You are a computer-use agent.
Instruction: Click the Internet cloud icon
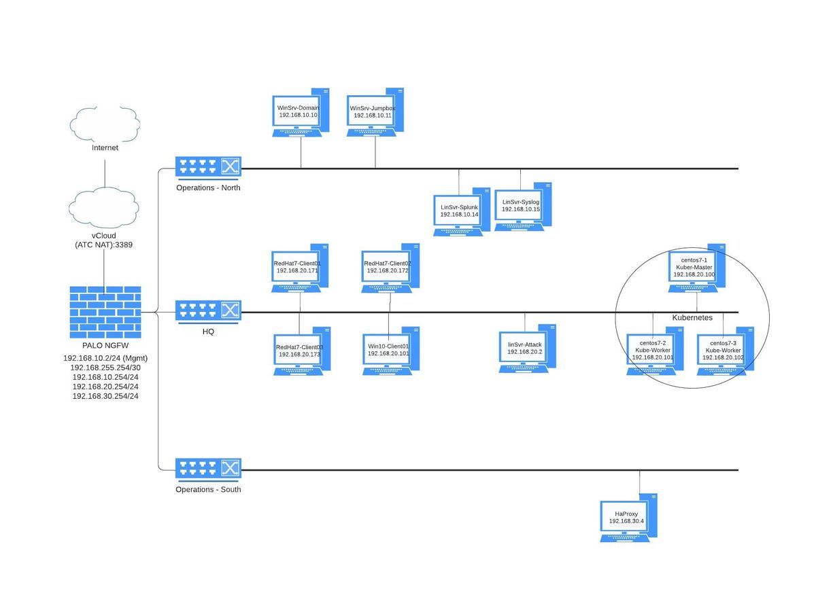click(x=105, y=123)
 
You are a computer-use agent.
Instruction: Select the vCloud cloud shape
click(x=104, y=206)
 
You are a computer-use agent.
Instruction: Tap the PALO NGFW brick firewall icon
click(x=105, y=312)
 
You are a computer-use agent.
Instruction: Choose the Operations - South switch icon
click(x=208, y=469)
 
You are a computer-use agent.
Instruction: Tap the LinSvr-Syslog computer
click(x=522, y=207)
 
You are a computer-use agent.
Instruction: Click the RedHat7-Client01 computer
click(x=299, y=268)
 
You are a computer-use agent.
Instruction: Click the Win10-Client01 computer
click(x=389, y=351)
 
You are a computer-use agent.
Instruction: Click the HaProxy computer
click(x=628, y=519)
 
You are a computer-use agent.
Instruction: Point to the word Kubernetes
click(x=692, y=317)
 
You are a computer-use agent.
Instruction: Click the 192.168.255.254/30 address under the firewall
click(x=105, y=367)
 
